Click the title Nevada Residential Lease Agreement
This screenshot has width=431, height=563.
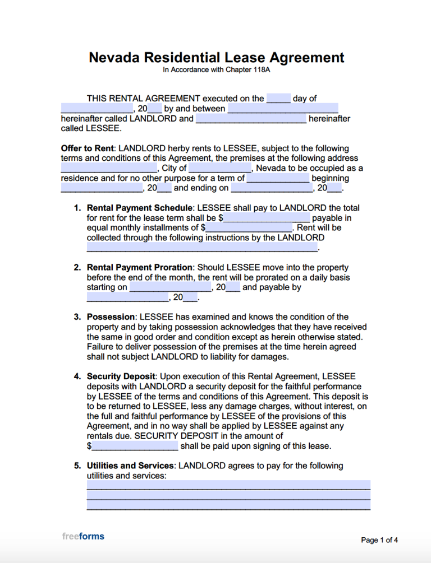[x=216, y=57]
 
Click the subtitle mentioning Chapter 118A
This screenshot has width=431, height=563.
[x=216, y=71]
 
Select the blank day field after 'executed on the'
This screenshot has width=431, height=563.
[x=278, y=99]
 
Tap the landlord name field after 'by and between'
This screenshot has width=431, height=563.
[x=283, y=109]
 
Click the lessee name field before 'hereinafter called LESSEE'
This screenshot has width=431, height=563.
[x=251, y=119]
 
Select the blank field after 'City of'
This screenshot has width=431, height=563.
[x=220, y=168]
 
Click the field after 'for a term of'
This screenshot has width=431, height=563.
[x=278, y=178]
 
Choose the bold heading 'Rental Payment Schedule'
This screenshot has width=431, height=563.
[x=140, y=208]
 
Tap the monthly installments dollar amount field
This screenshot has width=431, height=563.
[x=249, y=228]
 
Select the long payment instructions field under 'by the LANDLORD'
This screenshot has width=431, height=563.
[x=202, y=248]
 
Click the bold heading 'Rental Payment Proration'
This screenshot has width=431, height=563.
[x=140, y=267]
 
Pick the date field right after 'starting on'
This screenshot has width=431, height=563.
[x=170, y=287]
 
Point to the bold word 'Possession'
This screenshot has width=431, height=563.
[x=111, y=317]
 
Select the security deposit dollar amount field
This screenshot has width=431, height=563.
[x=135, y=446]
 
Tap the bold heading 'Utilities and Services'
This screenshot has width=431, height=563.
[x=130, y=466]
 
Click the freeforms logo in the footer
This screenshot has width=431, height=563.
[x=83, y=536]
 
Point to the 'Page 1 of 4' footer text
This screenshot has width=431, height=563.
[x=379, y=540]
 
